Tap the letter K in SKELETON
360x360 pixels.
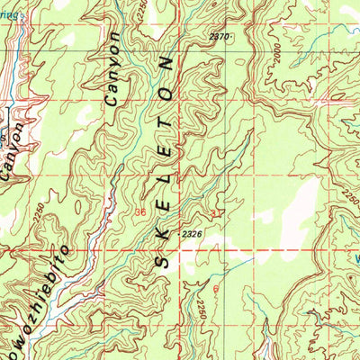click(x=164, y=231)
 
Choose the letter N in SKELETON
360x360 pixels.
click(x=166, y=64)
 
